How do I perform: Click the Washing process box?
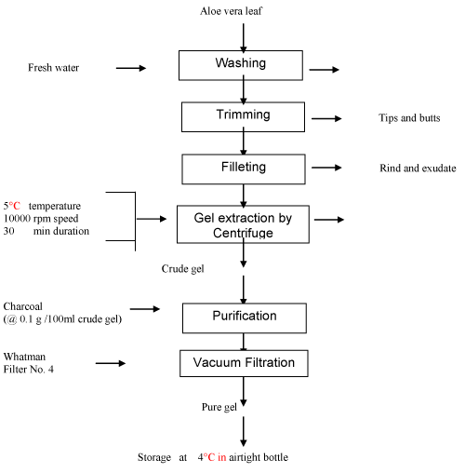[241, 65]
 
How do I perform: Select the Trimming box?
[243, 117]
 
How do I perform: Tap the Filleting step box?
[244, 169]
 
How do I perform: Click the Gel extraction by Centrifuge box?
[243, 224]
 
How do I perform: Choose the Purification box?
[245, 318]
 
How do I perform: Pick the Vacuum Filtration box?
[244, 363]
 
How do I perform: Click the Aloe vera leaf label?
[231, 11]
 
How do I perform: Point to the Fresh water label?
[53, 68]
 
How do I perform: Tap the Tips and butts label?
[409, 118]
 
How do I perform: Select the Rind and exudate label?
[418, 169]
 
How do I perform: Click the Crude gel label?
[182, 269]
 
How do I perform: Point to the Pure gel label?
[219, 407]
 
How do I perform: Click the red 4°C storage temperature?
[206, 457]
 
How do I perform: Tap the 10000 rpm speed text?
[41, 219]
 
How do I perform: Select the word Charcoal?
[22, 306]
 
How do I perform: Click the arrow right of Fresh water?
[131, 68]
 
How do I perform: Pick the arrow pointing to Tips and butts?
[326, 118]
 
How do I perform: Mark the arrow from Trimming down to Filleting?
[244, 142]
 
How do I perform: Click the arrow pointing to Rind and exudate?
[326, 168]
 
